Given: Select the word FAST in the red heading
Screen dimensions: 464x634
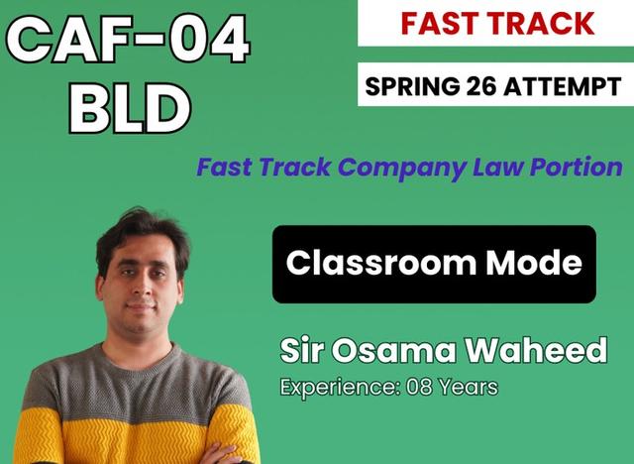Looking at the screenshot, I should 439,23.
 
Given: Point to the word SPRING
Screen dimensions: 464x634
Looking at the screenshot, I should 409,87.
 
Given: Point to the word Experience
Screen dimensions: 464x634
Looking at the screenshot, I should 337,387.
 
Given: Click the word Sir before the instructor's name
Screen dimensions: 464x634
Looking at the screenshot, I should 303,350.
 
